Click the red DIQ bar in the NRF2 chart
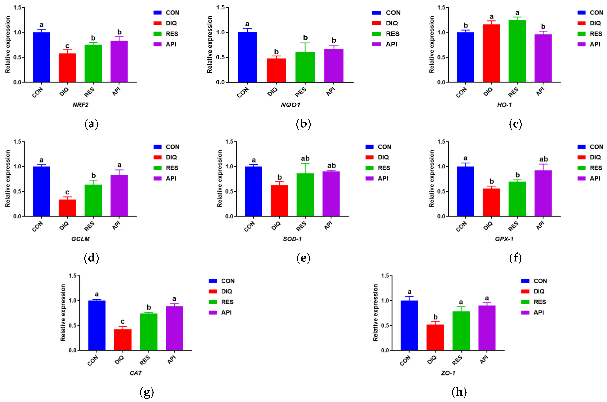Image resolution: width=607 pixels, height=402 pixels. (x=67, y=68)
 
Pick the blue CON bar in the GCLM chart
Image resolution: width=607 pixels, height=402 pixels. (x=42, y=191)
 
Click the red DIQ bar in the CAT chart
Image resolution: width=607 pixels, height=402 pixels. (x=123, y=340)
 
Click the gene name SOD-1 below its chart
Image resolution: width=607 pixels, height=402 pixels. (x=292, y=239)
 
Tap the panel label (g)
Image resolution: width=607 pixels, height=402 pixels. (x=147, y=392)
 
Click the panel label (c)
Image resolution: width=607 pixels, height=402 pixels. (x=515, y=124)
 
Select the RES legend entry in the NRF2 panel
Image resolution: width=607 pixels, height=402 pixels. (x=172, y=34)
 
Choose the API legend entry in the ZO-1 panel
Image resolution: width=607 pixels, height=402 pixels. (x=538, y=312)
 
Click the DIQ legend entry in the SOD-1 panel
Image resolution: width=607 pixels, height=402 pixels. (x=383, y=157)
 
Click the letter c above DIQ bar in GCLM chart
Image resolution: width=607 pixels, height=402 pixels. (x=67, y=192)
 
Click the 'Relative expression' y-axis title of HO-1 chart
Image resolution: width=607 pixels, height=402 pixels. (x=432, y=44)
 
